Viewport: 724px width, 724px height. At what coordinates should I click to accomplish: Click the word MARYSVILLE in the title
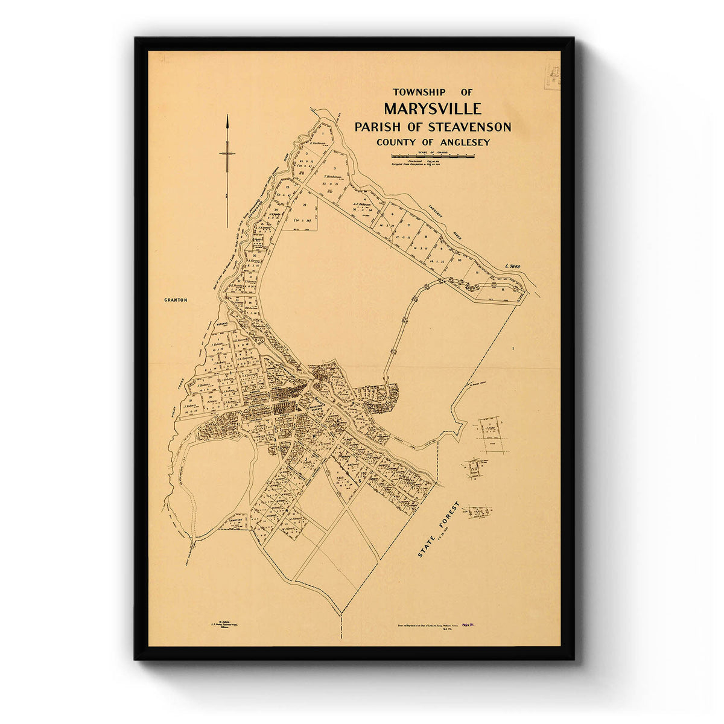(432, 109)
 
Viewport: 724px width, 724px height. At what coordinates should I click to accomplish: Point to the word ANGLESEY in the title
(462, 142)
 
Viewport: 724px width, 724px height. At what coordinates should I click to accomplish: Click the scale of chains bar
(432, 156)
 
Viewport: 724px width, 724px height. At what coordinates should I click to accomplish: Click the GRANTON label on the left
(176, 299)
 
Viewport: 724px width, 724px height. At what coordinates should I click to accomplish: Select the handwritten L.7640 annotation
(517, 265)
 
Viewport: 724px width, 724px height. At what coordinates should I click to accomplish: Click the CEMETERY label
(235, 518)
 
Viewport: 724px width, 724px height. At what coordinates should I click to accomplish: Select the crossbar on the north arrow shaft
(227, 154)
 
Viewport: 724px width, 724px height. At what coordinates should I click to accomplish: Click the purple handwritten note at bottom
(464, 627)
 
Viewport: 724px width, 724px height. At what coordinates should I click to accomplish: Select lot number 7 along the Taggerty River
(408, 225)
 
